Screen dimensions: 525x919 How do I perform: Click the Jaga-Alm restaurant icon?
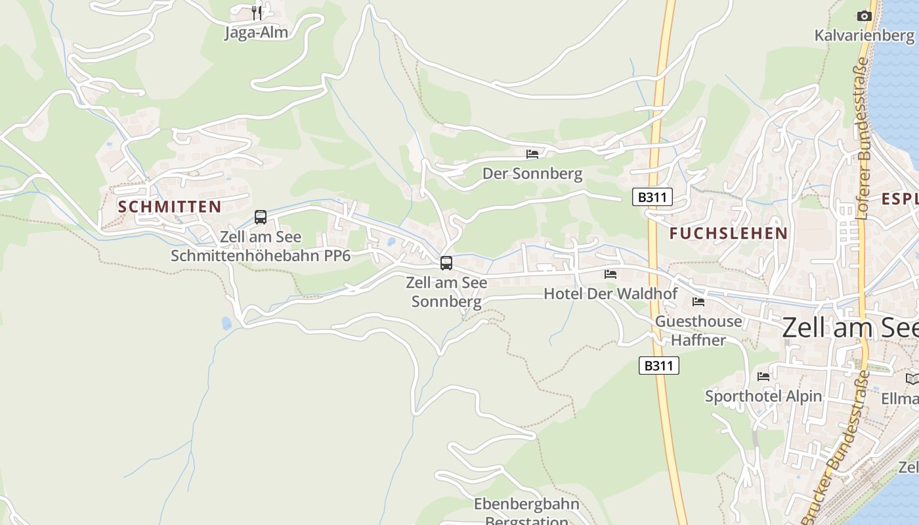[257, 12]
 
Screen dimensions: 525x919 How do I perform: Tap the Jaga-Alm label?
[256, 32]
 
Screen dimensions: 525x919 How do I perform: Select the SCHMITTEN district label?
[169, 207]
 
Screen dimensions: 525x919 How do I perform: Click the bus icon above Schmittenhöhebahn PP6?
[261, 217]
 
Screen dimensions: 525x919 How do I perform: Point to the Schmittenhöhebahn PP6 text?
[261, 255]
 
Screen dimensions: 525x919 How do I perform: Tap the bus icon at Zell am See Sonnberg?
[446, 263]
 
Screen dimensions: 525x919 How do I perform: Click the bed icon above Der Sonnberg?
[532, 154]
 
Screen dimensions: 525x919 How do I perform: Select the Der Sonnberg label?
[532, 174]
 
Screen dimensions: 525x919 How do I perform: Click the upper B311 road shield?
[652, 197]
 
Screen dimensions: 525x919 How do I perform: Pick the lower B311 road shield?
[658, 366]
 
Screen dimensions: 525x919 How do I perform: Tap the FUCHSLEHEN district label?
[729, 233]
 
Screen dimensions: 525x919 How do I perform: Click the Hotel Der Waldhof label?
[610, 293]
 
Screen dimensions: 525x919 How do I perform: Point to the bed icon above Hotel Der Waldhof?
[610, 274]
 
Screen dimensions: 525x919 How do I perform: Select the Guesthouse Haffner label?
[698, 330]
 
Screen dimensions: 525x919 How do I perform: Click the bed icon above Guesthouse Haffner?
[698, 302]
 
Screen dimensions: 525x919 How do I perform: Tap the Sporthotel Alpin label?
[763, 396]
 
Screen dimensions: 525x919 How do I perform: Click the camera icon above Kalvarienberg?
[865, 16]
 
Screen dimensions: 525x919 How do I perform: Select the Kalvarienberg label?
[865, 35]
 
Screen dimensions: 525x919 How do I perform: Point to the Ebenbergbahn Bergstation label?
[526, 513]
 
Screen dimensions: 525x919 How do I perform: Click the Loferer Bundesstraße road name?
[863, 138]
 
